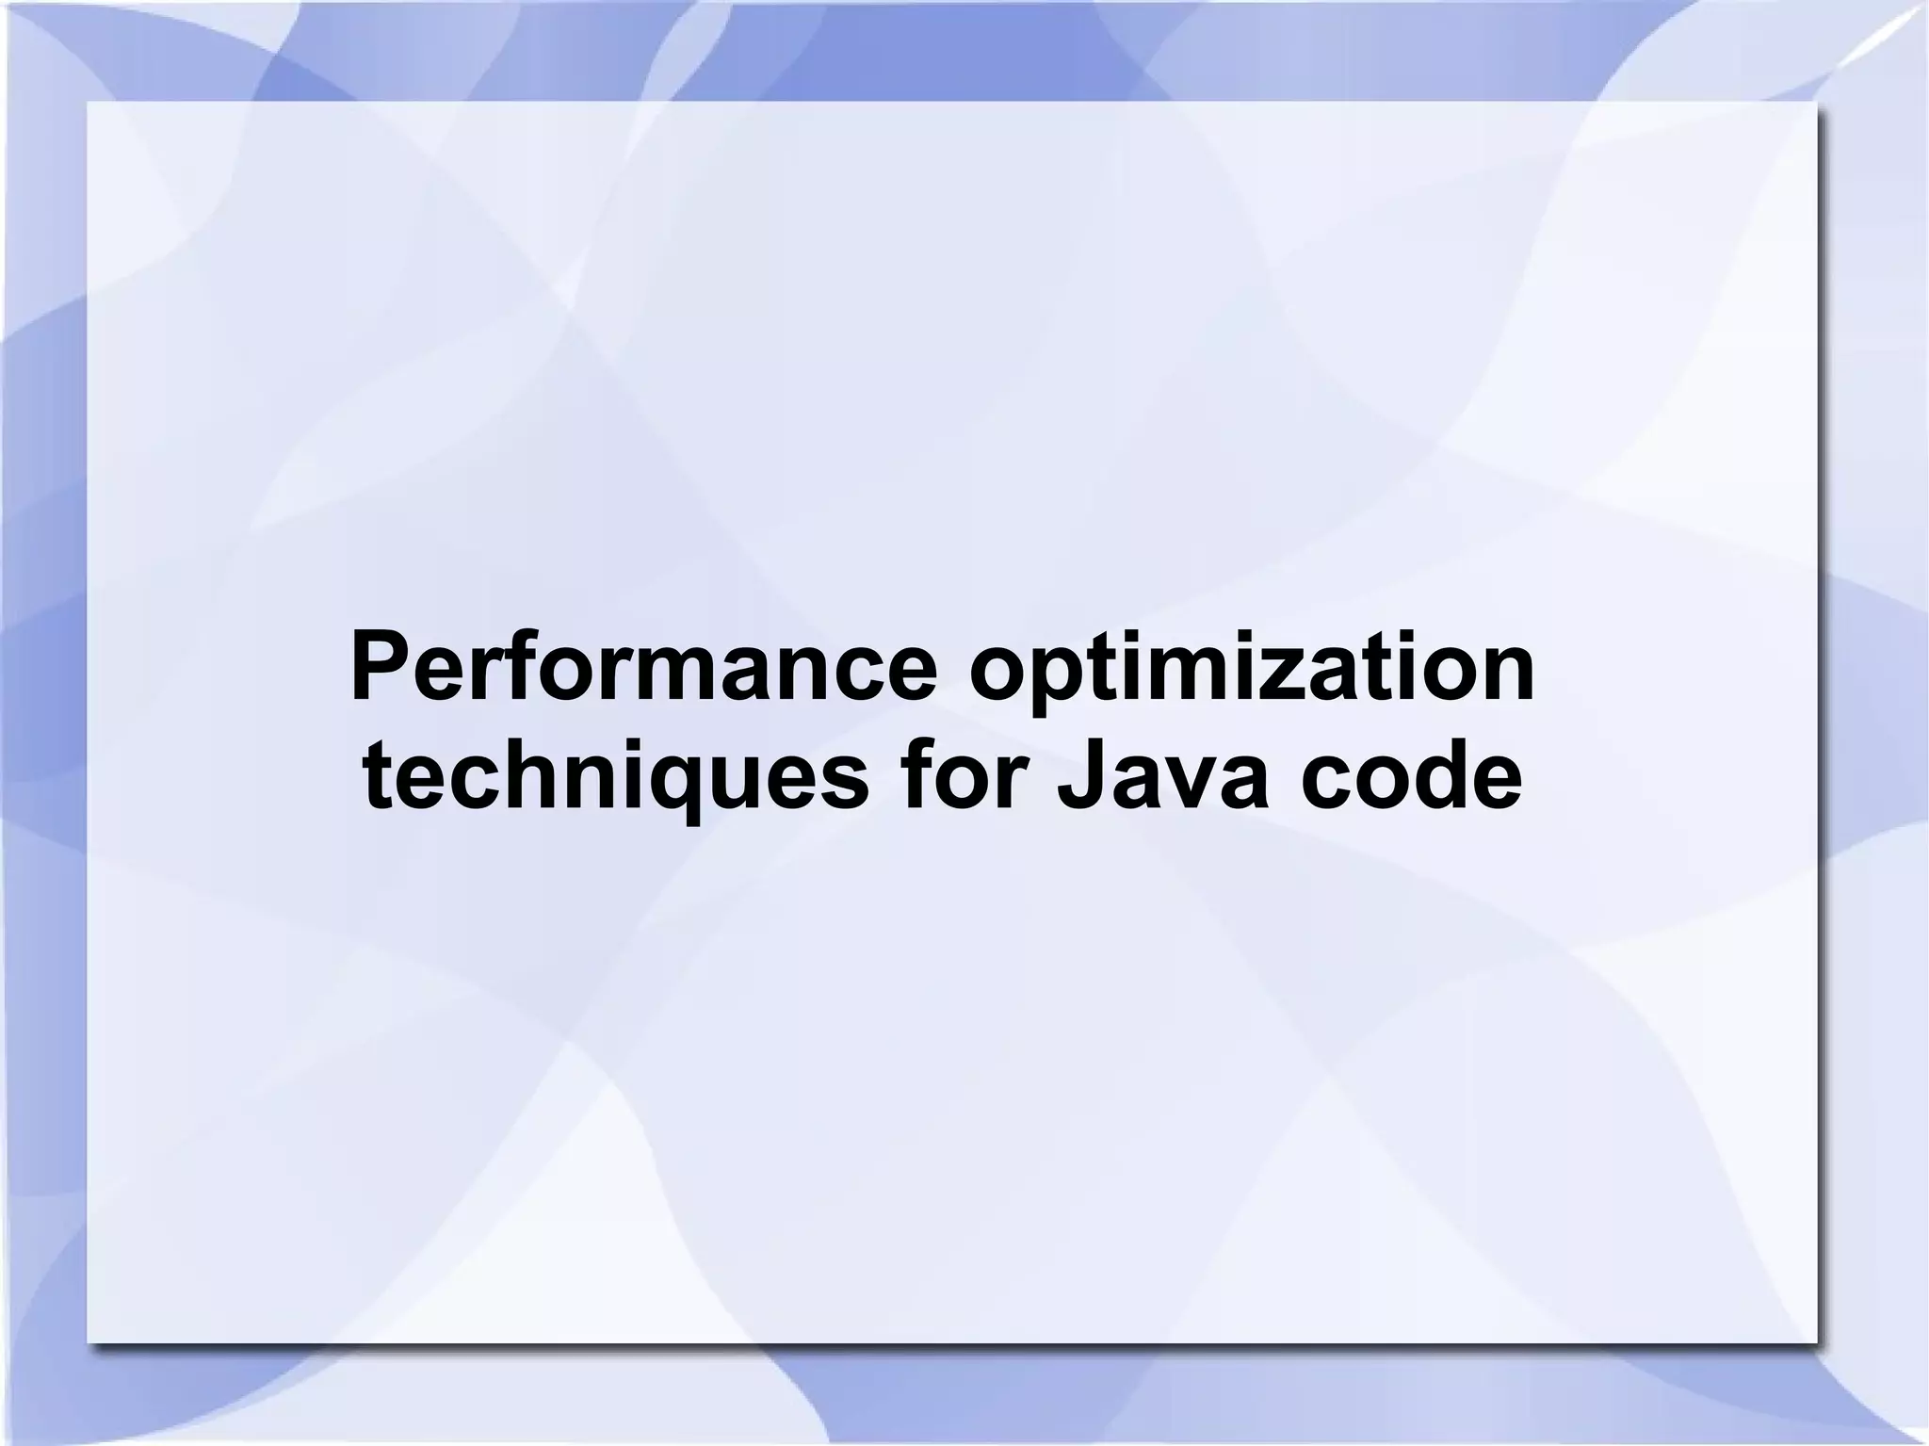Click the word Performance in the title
pos(643,670)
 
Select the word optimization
pos(1252,672)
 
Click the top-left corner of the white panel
pos(88,102)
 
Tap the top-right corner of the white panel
pos(1815,102)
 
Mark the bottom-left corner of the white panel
pos(88,1342)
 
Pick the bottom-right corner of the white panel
pos(1815,1342)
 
